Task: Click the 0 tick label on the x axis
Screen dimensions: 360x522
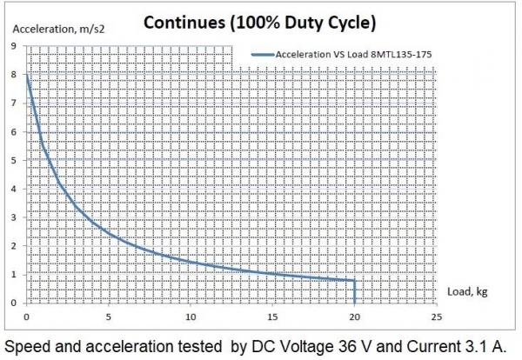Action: [27, 316]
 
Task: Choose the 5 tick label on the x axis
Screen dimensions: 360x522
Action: [109, 316]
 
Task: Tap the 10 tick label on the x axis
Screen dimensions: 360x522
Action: [191, 316]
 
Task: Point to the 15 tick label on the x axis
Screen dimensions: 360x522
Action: [272, 316]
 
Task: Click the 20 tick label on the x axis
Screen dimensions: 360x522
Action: [354, 316]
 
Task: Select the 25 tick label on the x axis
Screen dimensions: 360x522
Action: [436, 316]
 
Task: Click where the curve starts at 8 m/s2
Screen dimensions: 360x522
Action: [27, 76]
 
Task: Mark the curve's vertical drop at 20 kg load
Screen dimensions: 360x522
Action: [354, 292]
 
